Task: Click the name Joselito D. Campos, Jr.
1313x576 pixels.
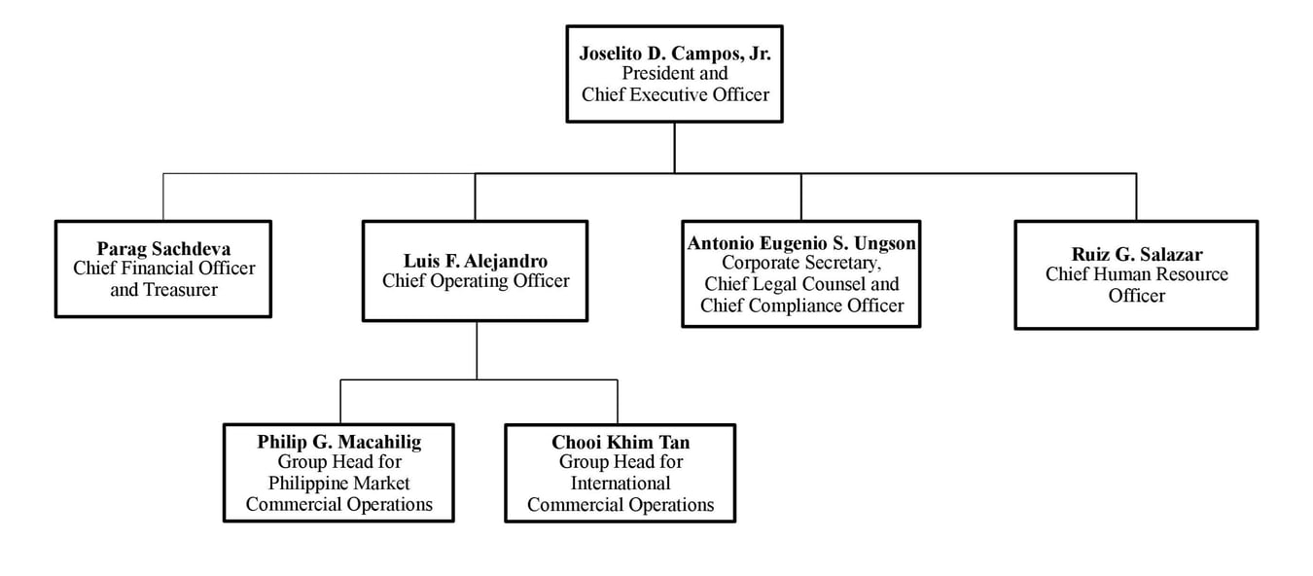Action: click(674, 54)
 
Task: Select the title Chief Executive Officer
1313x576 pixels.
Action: click(675, 94)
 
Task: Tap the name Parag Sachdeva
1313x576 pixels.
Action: click(163, 249)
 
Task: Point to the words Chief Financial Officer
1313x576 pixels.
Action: click(163, 269)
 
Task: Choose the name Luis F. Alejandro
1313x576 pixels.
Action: click(476, 261)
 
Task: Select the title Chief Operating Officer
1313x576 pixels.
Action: click(476, 281)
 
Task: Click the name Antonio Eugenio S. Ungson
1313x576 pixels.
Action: click(801, 243)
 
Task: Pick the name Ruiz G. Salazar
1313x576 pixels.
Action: click(1136, 255)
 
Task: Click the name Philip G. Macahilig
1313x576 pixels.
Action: click(339, 442)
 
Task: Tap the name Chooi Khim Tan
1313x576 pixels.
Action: click(621, 443)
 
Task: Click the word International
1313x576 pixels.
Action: click(621, 484)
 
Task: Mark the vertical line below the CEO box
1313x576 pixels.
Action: click(675, 147)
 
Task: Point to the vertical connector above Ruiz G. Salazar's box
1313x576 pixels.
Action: click(1136, 197)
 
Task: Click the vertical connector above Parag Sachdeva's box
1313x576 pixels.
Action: click(163, 197)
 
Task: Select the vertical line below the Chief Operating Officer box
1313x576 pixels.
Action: click(477, 349)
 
